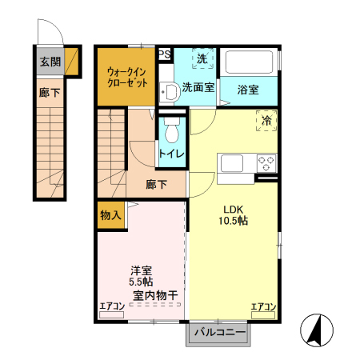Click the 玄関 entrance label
(x=49, y=62)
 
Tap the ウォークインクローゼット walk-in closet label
(x=126, y=77)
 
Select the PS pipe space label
(x=164, y=54)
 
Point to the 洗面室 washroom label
(x=198, y=88)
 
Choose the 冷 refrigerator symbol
(x=266, y=121)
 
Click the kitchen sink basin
(x=233, y=163)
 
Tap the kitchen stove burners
(x=266, y=163)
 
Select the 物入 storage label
(x=110, y=214)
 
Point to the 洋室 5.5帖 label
(x=142, y=276)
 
